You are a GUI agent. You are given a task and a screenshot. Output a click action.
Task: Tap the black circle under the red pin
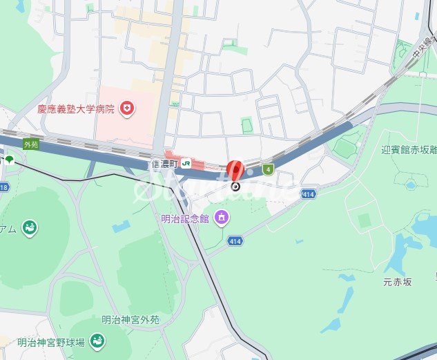(x=235, y=186)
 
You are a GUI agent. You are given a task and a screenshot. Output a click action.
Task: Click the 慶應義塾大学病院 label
(x=76, y=108)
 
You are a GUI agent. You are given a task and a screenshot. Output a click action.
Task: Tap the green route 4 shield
(x=268, y=169)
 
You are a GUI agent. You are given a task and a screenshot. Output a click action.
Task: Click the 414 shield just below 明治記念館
(x=235, y=241)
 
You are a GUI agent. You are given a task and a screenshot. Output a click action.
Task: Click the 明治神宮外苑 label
(x=130, y=320)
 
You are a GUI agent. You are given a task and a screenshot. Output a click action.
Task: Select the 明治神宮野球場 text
(x=51, y=342)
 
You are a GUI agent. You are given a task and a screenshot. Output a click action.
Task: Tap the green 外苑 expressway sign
(x=30, y=144)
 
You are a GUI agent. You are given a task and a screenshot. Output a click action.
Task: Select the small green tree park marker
(x=9, y=160)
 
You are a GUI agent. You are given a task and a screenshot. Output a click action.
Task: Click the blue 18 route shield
(x=3, y=187)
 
